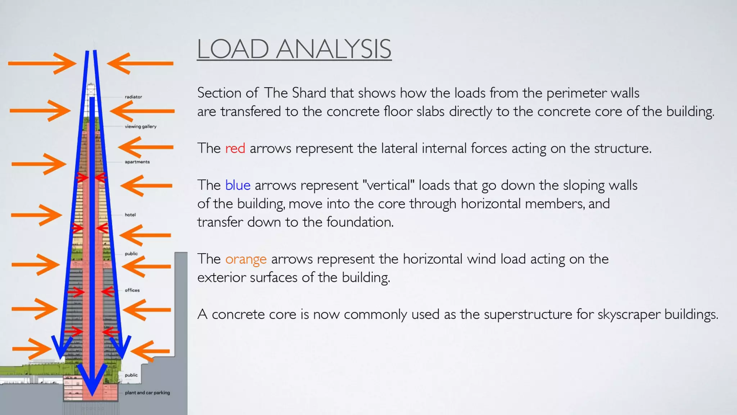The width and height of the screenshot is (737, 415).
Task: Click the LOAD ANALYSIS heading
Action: click(x=294, y=49)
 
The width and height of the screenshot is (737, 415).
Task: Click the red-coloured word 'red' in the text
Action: click(x=235, y=148)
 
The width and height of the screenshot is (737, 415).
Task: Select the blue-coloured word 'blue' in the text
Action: click(x=238, y=185)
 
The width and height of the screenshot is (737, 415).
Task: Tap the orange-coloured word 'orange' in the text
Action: click(x=246, y=259)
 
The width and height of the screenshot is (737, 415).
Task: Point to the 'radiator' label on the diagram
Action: click(x=133, y=97)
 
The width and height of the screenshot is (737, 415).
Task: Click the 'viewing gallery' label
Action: click(x=140, y=126)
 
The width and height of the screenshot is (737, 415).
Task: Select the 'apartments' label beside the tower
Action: click(x=137, y=162)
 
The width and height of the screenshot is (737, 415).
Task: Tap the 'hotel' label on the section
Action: click(x=130, y=215)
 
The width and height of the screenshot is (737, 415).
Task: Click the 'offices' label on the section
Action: click(x=132, y=290)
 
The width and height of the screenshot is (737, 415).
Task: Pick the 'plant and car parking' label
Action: click(x=147, y=393)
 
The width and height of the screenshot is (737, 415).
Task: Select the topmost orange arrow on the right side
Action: click(x=140, y=63)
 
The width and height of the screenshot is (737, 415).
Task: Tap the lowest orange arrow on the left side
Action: click(x=32, y=349)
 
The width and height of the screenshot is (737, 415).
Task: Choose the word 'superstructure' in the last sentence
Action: click(x=528, y=314)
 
